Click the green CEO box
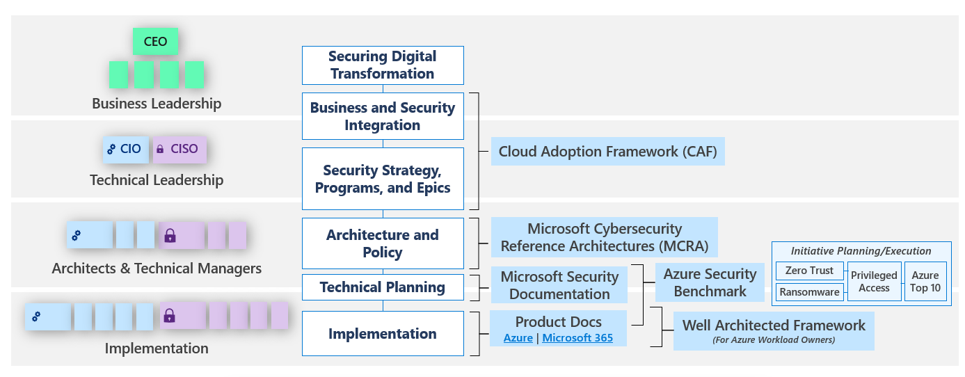(x=155, y=42)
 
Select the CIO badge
(x=125, y=149)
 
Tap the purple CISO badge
(x=180, y=149)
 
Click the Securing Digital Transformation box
(x=383, y=65)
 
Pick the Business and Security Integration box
(x=383, y=116)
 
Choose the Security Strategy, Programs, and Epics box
(x=383, y=179)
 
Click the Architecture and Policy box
(x=383, y=243)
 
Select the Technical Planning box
(x=383, y=287)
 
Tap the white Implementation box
(x=383, y=334)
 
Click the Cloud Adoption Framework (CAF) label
(x=607, y=151)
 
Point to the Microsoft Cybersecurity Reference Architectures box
(x=604, y=237)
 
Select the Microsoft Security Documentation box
(x=559, y=285)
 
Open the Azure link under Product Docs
(x=518, y=338)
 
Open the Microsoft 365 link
(x=577, y=338)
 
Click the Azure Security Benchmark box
(x=710, y=282)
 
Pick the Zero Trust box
(x=808, y=271)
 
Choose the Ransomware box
(x=809, y=292)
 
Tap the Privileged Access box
(x=874, y=282)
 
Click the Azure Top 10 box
(x=925, y=282)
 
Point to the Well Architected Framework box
(x=774, y=330)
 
